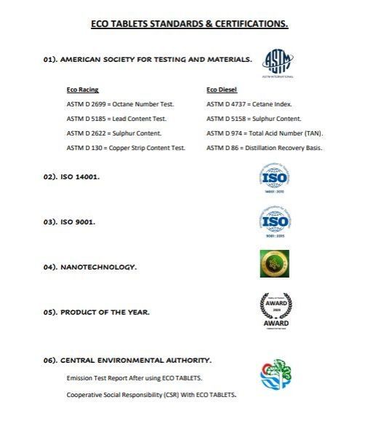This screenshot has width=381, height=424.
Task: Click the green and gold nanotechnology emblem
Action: pos(275,264)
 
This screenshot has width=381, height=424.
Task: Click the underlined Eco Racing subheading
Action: pos(82,90)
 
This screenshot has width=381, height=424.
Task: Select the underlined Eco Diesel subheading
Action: pos(221,90)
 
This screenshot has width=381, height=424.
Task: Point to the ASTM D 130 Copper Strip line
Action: pos(126,148)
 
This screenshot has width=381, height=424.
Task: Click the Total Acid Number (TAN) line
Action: pos(265,133)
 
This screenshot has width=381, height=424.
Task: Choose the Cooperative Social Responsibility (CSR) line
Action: pos(151,395)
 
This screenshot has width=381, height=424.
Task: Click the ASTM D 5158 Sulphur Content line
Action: pos(254,119)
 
